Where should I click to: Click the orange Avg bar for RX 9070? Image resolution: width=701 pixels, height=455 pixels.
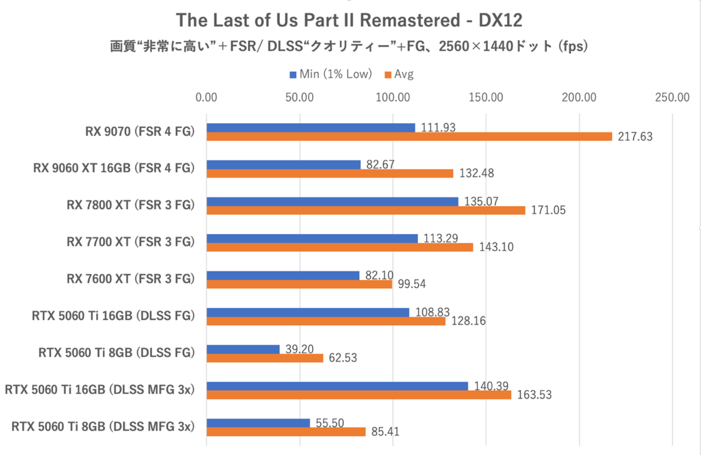tap(409, 137)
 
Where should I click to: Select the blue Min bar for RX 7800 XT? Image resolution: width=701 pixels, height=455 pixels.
tap(332, 202)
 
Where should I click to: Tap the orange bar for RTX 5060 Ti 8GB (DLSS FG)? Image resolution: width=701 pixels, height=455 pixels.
tap(265, 358)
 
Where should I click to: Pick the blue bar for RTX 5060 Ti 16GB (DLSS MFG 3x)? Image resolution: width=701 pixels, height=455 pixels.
tap(337, 385)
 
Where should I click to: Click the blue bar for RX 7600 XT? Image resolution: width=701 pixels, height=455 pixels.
tap(283, 275)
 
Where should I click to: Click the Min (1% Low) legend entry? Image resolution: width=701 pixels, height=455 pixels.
tap(330, 74)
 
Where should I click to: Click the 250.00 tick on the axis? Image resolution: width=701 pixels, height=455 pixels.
tap(672, 98)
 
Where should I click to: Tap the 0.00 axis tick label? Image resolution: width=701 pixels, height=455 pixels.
tap(207, 98)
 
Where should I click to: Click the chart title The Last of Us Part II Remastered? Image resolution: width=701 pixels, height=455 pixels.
tap(349, 20)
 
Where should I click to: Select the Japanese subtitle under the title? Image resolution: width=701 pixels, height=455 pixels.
tap(349, 46)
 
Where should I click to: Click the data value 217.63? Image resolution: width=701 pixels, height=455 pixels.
tap(633, 137)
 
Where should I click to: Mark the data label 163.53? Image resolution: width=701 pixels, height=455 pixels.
tap(532, 395)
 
